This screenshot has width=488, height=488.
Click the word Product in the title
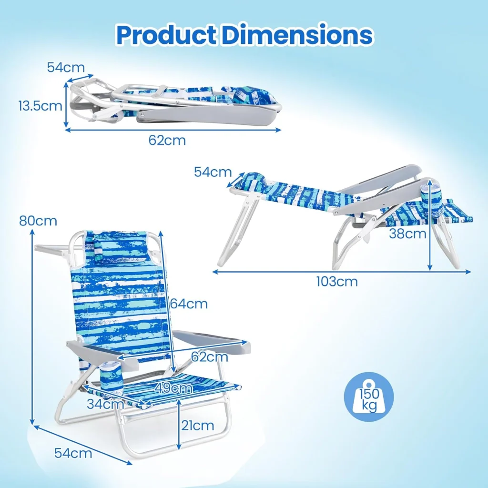(x=166, y=35)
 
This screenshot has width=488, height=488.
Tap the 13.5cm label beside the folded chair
(x=41, y=106)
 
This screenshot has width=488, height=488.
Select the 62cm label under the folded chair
(x=167, y=140)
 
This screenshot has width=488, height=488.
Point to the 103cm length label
(x=337, y=282)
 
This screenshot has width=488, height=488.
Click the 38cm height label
(x=407, y=233)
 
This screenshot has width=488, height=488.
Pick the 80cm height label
(x=38, y=221)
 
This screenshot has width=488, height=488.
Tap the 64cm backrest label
(x=189, y=304)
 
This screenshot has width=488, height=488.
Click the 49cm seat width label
(x=173, y=388)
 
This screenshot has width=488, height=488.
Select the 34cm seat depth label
(x=105, y=404)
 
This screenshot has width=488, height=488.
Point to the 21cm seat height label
(x=198, y=426)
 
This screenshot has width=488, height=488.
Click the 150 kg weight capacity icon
(x=369, y=397)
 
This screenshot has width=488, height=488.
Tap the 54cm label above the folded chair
(x=66, y=67)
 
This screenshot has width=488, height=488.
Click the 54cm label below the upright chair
(x=73, y=453)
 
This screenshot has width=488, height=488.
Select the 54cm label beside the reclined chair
(x=213, y=172)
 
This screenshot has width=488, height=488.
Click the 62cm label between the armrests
(x=210, y=356)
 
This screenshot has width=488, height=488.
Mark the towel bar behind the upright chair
(x=53, y=248)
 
